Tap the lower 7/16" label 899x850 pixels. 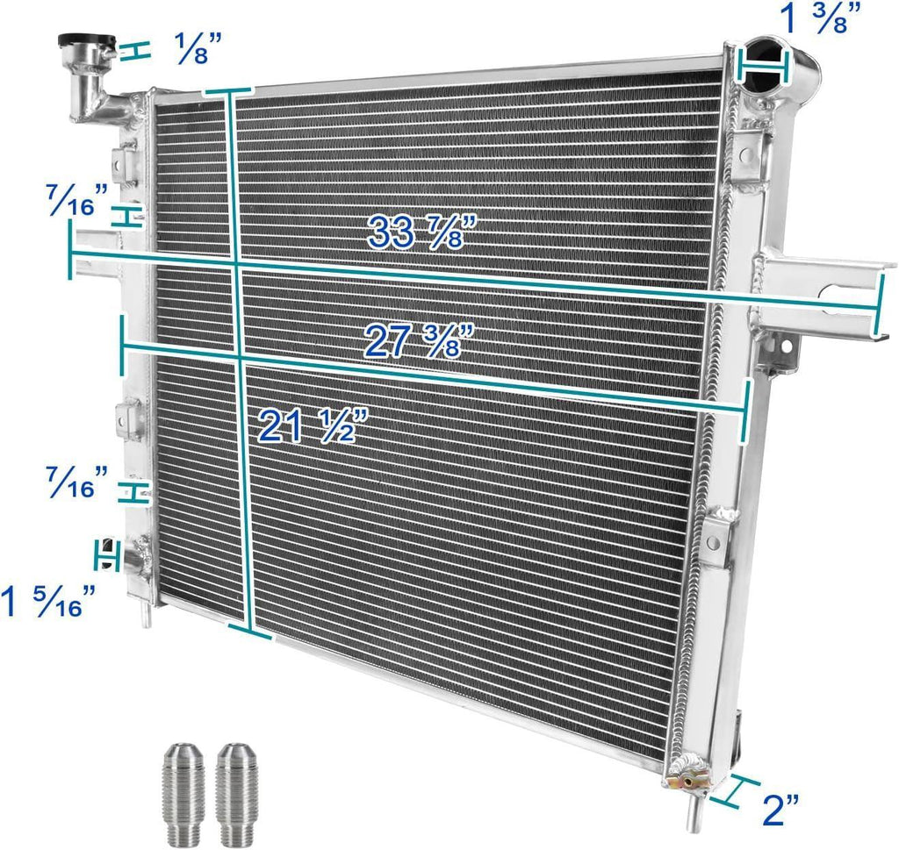[x=79, y=481]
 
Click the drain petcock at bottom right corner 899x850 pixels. [x=686, y=775]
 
